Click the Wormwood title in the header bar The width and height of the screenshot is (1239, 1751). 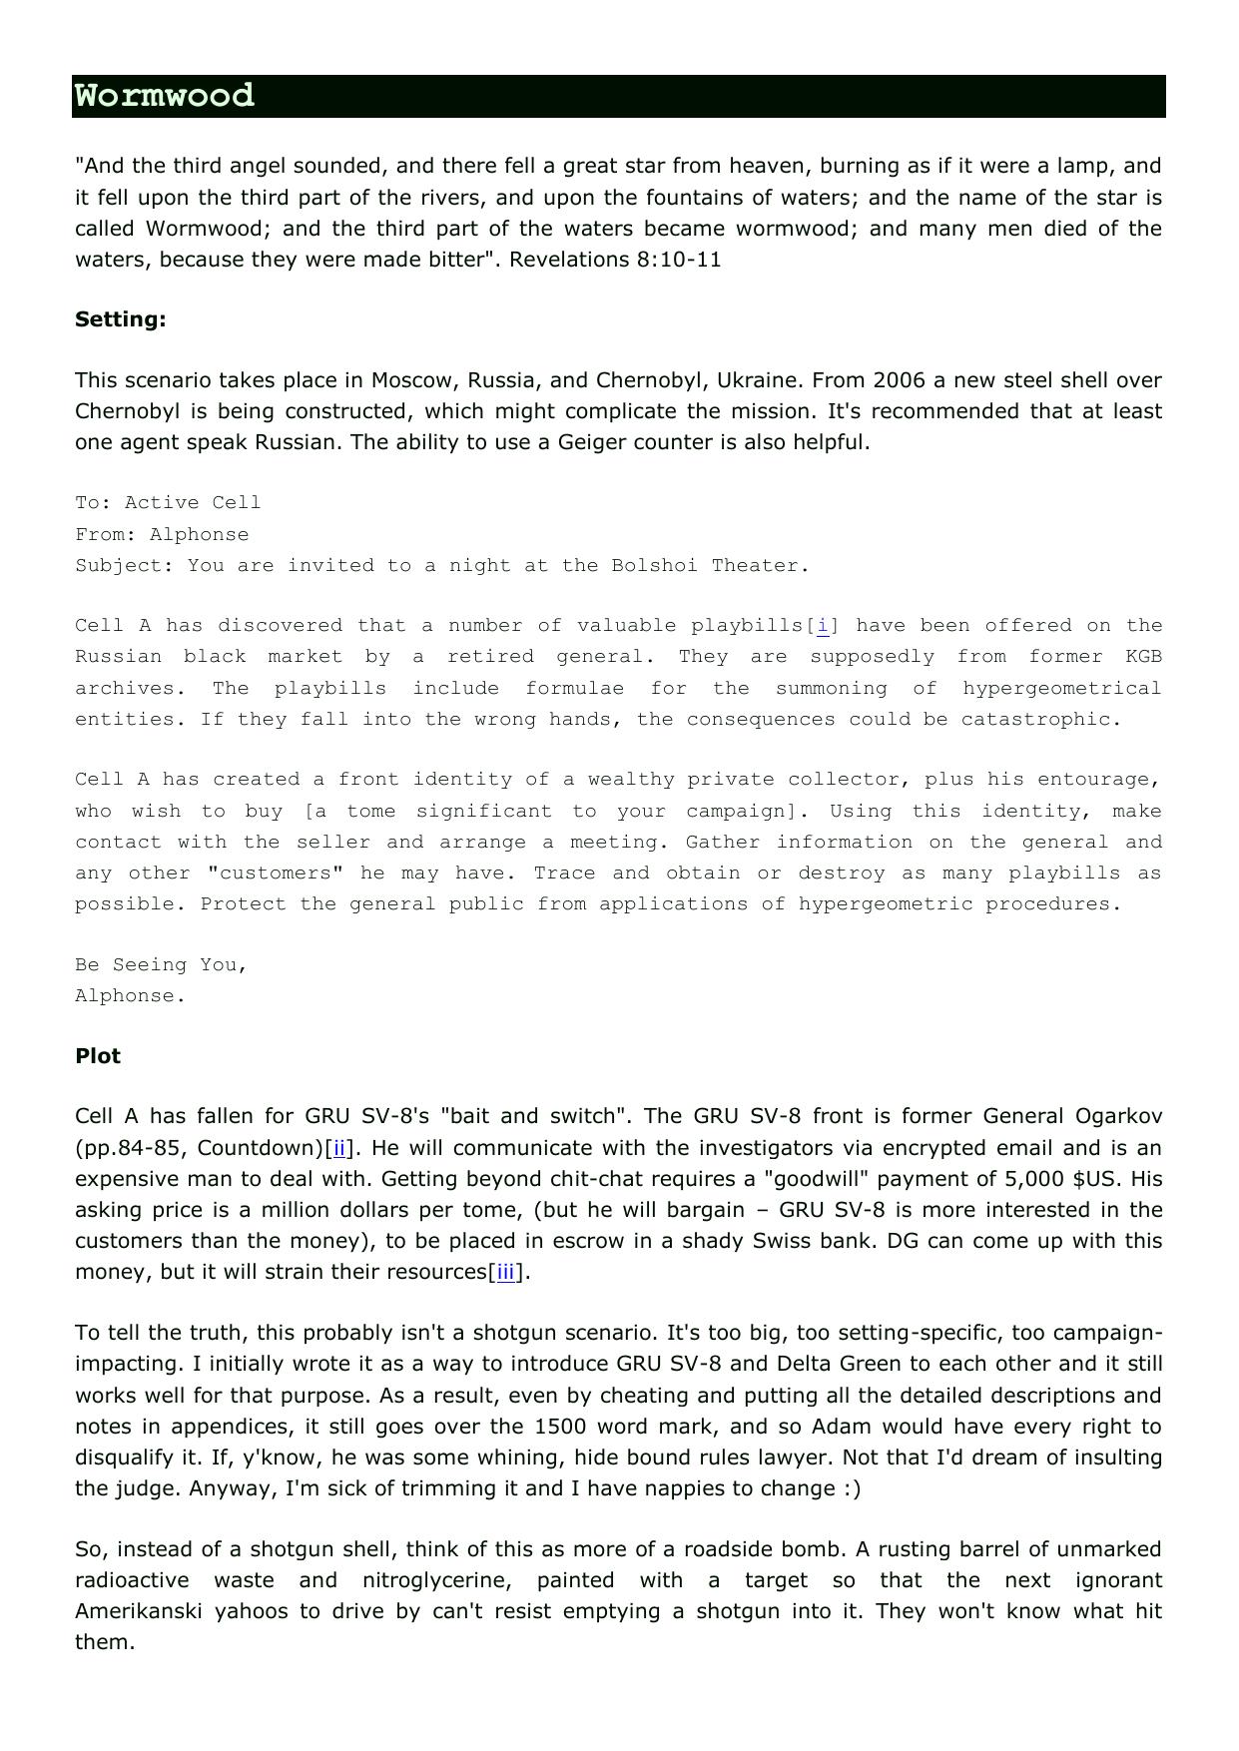165,96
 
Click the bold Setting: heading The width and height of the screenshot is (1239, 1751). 120,319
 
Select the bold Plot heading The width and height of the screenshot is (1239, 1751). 98,1056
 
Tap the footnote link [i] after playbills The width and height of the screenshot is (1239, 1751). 823,626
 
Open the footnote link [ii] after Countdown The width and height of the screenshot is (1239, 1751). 339,1148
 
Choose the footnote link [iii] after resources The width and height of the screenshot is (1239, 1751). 506,1272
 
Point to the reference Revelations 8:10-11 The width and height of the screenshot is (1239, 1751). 615,260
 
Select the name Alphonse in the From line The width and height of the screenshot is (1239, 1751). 199,535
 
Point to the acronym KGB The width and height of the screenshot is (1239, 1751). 1143,657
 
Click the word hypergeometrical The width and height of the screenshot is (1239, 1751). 1061,689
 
